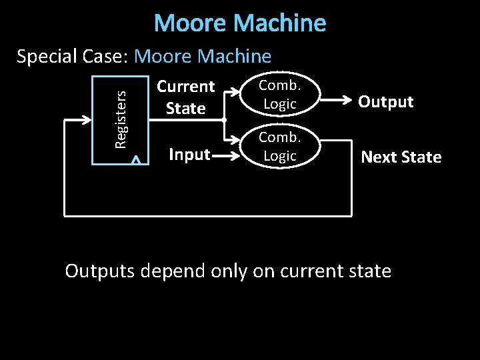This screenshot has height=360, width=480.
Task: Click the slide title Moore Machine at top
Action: click(x=240, y=23)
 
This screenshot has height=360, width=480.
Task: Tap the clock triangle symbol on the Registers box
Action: click(x=136, y=159)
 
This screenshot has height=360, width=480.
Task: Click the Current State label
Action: click(x=185, y=97)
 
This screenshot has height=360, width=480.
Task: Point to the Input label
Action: click(x=189, y=155)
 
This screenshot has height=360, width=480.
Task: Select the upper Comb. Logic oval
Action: click(x=279, y=95)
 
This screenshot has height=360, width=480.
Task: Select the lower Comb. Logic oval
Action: click(x=279, y=147)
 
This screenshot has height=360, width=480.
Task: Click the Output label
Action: click(x=385, y=102)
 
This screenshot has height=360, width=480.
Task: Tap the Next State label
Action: click(x=401, y=157)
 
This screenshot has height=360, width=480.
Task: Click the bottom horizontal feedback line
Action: click(x=207, y=215)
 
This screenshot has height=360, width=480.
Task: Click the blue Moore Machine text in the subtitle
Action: click(x=203, y=57)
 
